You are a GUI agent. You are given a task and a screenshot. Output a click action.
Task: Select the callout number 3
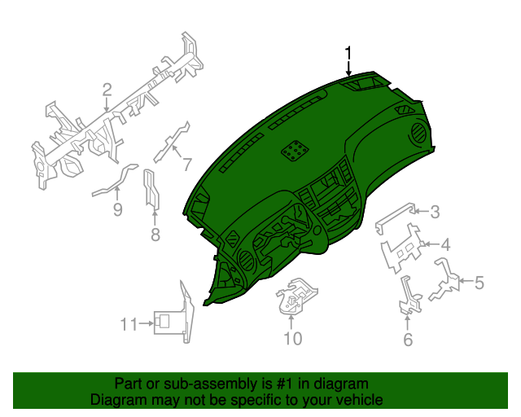click(x=435, y=213)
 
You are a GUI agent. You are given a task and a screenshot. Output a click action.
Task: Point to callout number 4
click(x=445, y=244)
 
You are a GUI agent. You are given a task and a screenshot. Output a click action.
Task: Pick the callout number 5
click(x=479, y=283)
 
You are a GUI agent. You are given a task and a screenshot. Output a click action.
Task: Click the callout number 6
click(x=408, y=339)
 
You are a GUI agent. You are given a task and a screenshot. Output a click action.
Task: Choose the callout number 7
click(x=186, y=164)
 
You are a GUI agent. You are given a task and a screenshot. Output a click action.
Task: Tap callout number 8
click(x=155, y=236)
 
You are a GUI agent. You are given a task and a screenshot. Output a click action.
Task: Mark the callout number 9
click(x=117, y=210)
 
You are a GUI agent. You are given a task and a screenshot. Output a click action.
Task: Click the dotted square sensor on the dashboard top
click(x=295, y=150)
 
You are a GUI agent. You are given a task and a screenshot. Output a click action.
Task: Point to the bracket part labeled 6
click(x=408, y=296)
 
